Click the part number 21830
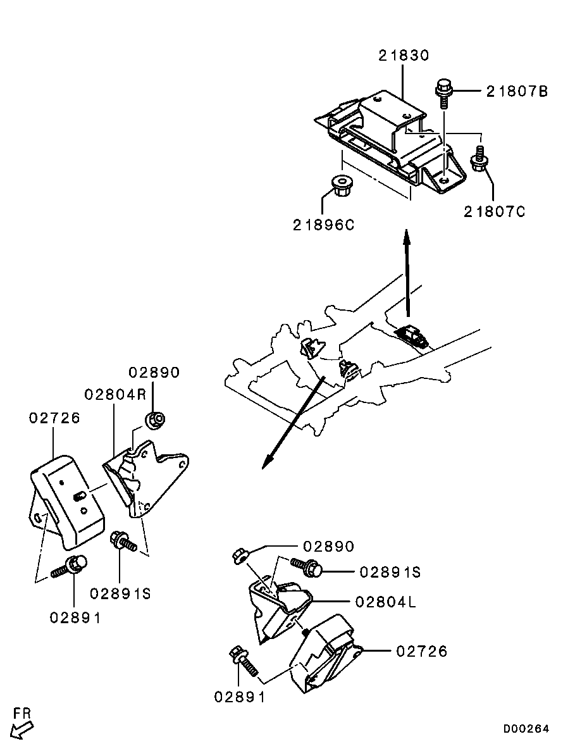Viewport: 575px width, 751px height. [x=404, y=56]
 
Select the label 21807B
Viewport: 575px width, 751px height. [x=517, y=91]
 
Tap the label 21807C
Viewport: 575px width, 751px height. [x=495, y=211]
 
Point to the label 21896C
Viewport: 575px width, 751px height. [x=324, y=225]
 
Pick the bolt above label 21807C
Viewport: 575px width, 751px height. [x=479, y=159]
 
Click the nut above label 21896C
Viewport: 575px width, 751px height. [x=340, y=186]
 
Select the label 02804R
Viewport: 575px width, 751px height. [x=115, y=395]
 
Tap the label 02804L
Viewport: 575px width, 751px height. [x=385, y=602]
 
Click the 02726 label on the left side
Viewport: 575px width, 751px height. [x=54, y=418]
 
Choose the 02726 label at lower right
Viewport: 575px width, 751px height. [x=422, y=651]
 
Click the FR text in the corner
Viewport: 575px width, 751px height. [x=22, y=713]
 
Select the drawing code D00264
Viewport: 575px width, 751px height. [x=526, y=728]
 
